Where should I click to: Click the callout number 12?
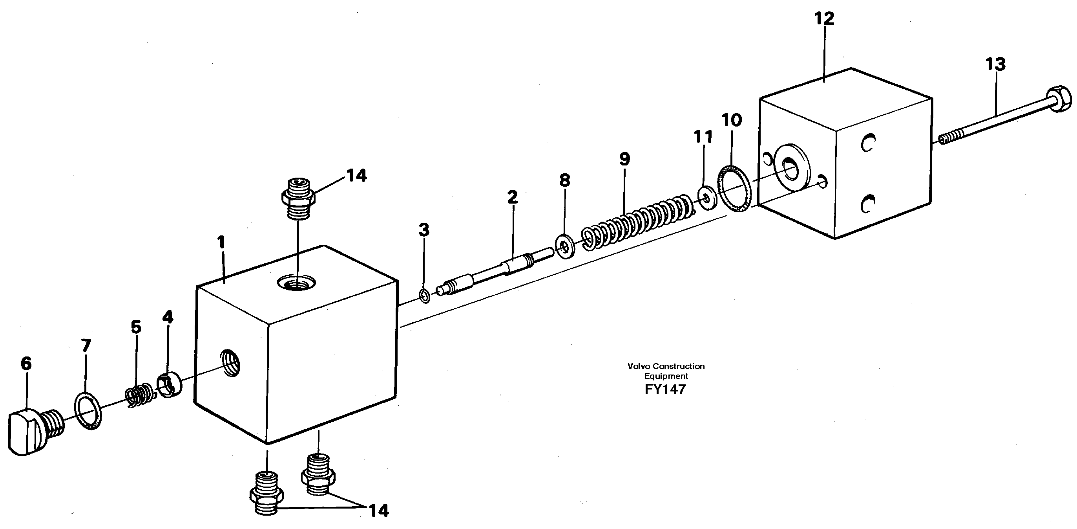(824, 19)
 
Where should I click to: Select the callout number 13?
(995, 65)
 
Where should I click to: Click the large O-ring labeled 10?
(735, 188)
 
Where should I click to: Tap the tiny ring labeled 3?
(424, 297)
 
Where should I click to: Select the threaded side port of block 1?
(231, 362)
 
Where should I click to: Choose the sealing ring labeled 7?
(88, 411)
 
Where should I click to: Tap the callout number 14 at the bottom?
(378, 510)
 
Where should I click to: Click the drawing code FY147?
(665, 389)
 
